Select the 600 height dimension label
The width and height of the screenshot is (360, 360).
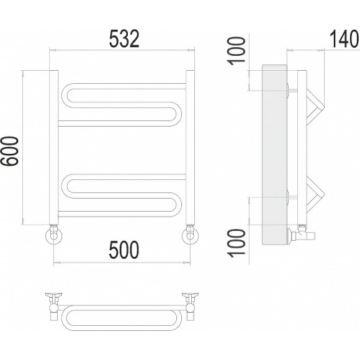coord(9,151)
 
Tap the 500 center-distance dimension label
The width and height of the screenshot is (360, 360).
coord(124,250)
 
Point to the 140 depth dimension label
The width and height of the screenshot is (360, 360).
coord(344,39)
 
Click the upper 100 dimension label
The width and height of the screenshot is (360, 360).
coord(236,51)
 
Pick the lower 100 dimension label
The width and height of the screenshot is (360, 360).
coord(236,243)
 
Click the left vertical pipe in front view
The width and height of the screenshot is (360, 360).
coord(54,147)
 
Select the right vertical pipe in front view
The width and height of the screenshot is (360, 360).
coord(190,147)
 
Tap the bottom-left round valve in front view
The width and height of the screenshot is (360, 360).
coord(54,236)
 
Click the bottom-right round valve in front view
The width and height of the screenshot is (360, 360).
coord(191,236)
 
